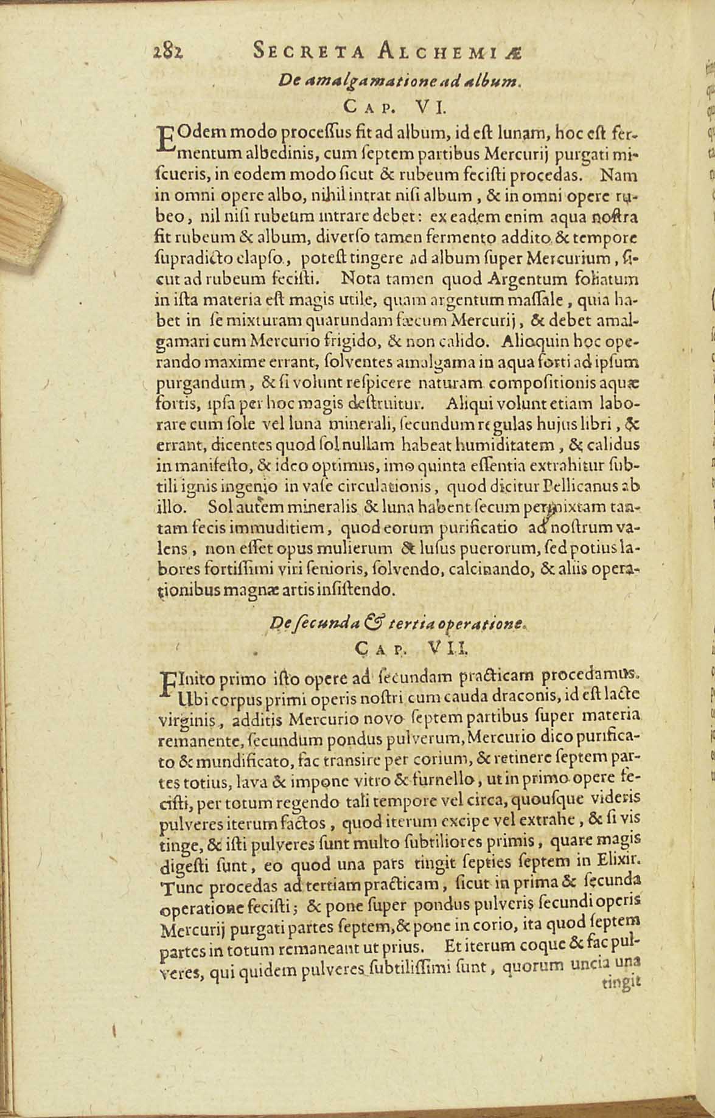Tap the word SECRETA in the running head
[309, 52]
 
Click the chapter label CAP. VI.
[396, 108]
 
